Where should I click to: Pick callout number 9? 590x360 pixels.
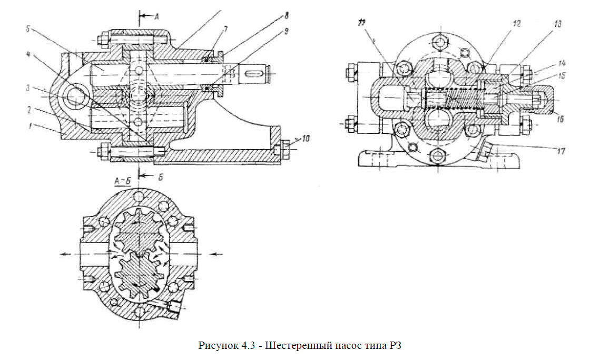click(x=286, y=31)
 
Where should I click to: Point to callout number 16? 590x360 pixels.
click(x=559, y=120)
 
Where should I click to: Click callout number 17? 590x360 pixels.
click(x=559, y=151)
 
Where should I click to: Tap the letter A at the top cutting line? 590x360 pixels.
click(x=156, y=16)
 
